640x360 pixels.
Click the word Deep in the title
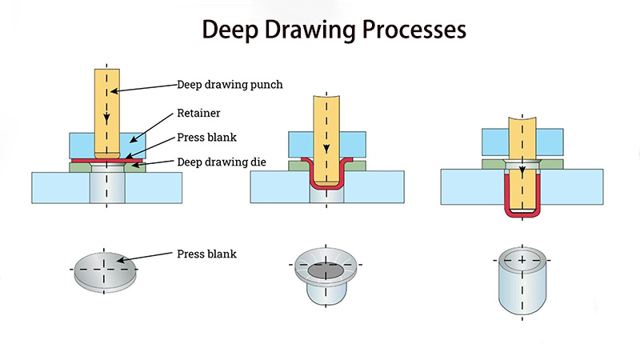pyautogui.click(x=228, y=30)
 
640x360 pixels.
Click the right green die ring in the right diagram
pyautogui.click(x=550, y=166)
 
